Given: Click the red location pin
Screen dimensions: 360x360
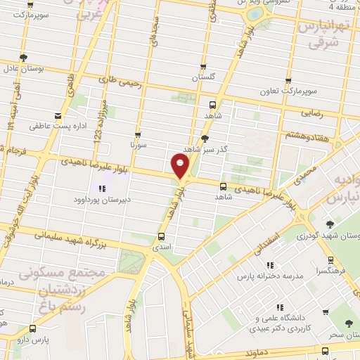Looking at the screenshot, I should click(x=181, y=167).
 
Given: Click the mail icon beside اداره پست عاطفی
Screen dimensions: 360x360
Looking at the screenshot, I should click(x=58, y=116).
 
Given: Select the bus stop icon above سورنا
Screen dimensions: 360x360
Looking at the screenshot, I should click(x=137, y=134).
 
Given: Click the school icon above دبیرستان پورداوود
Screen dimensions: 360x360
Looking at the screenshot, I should click(x=101, y=188).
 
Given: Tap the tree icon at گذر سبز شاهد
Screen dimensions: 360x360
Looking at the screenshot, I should click(x=205, y=139).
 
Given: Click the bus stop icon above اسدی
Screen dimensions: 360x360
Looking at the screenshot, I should click(x=162, y=236).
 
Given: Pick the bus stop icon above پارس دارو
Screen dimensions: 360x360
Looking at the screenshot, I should click(x=32, y=328).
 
